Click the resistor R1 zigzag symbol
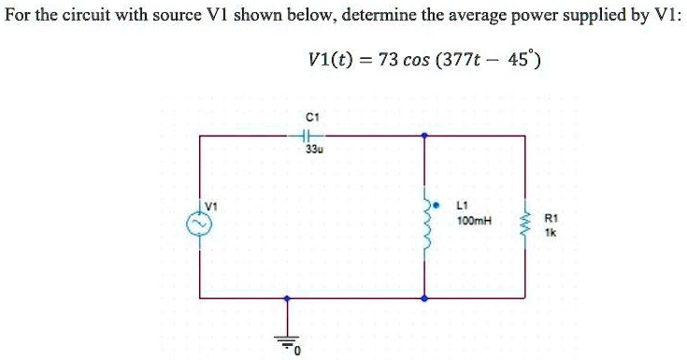tap(524, 224)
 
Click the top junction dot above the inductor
tap(425, 136)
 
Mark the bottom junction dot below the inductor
tap(425, 298)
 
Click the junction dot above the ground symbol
tap(288, 298)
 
